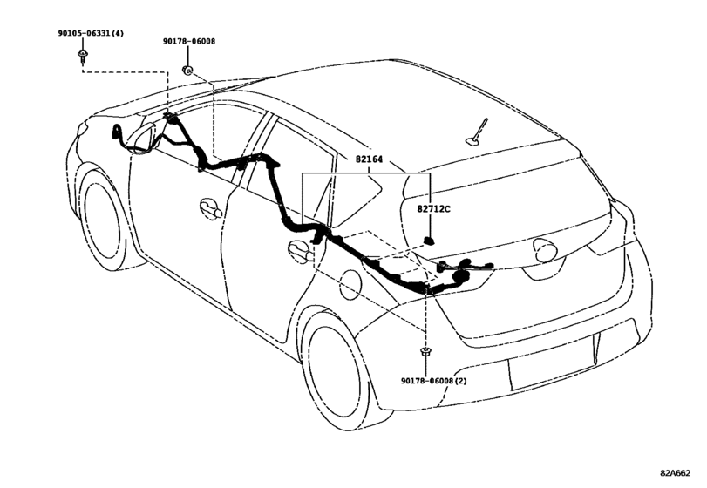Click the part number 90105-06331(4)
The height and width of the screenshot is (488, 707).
[91, 33]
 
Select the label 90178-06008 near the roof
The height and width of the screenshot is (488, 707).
[189, 41]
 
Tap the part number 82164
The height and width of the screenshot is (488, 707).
[369, 159]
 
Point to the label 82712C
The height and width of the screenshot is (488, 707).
[433, 209]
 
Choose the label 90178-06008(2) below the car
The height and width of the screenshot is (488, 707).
[434, 381]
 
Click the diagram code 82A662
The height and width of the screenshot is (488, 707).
[676, 472]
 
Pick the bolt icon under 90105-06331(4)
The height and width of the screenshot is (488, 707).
[83, 56]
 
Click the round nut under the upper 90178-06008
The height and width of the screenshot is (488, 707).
[187, 70]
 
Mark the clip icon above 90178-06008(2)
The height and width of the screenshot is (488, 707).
[425, 350]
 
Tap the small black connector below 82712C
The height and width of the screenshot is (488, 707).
[429, 241]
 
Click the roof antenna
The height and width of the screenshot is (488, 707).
[477, 134]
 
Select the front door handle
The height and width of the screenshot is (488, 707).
[210, 208]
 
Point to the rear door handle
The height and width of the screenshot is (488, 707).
[300, 252]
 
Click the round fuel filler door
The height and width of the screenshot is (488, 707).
[350, 285]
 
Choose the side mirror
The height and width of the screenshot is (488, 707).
[142, 138]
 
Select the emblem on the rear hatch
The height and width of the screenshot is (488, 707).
[547, 250]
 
